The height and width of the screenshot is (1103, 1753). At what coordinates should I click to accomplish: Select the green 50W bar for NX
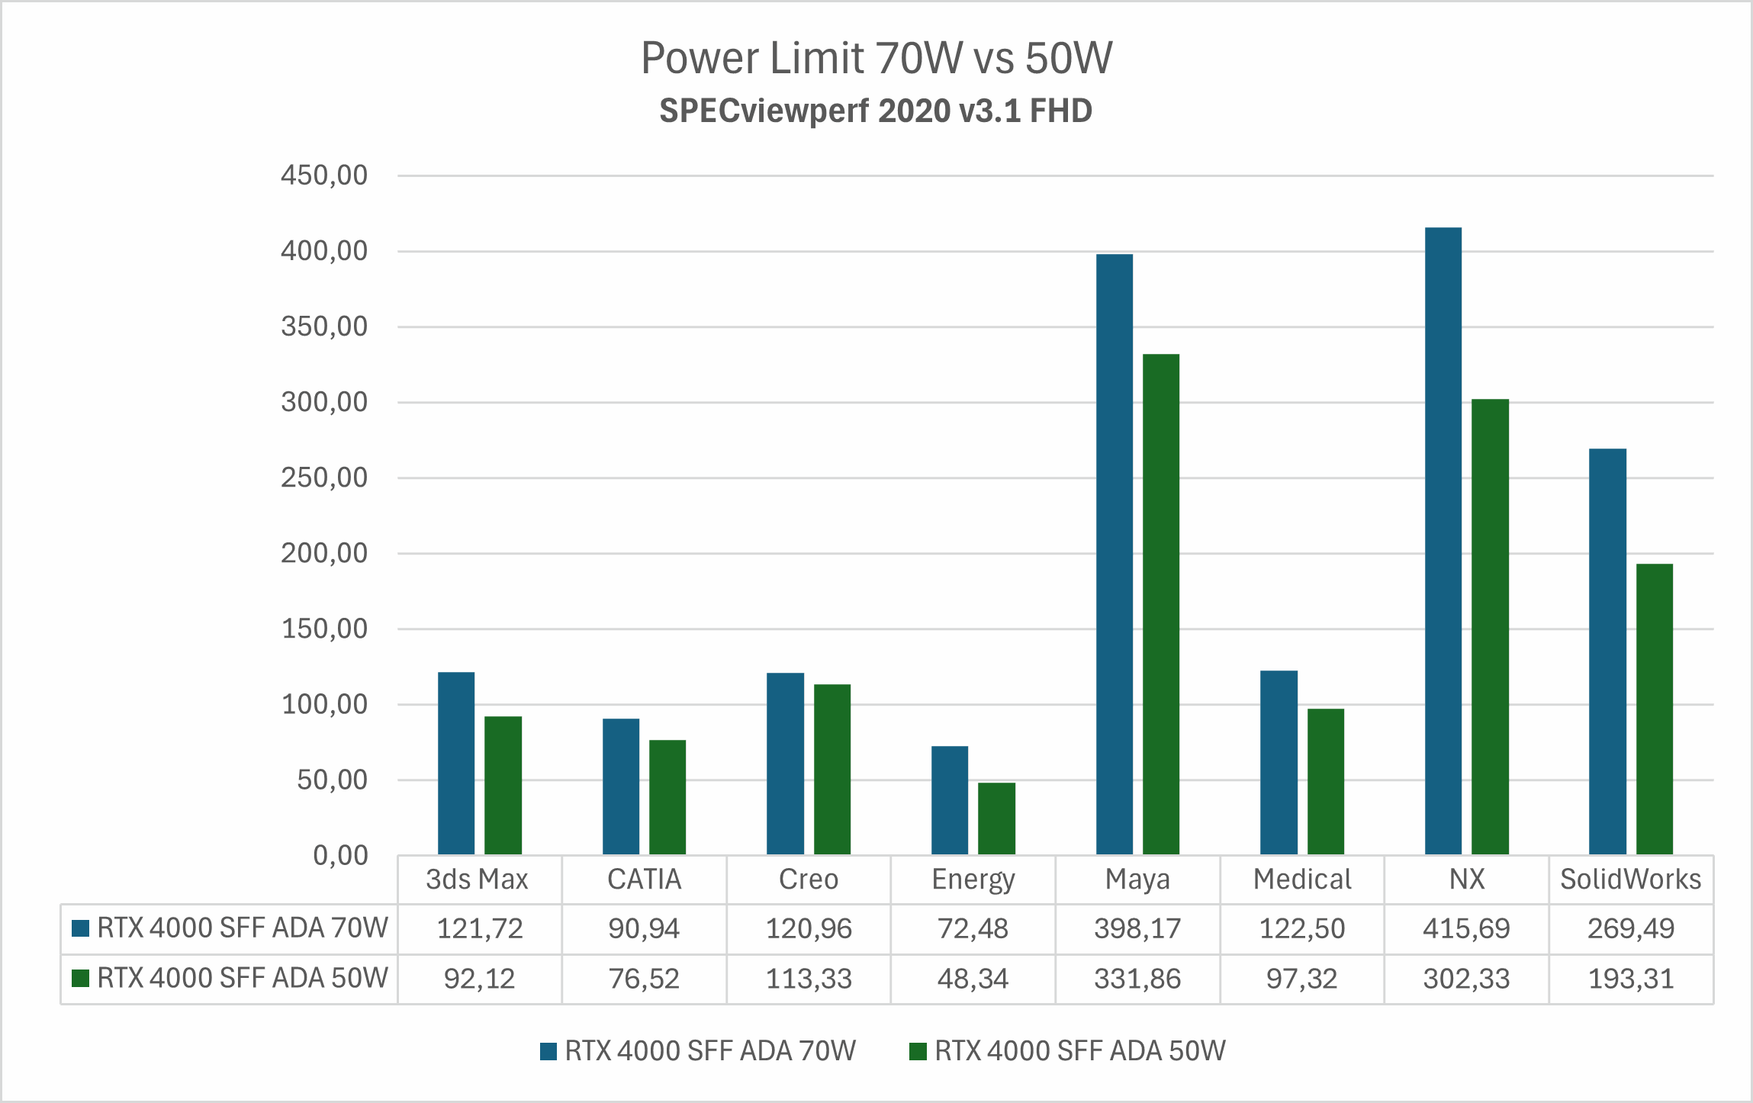[1490, 626]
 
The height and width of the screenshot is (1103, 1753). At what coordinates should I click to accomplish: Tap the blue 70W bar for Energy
[950, 800]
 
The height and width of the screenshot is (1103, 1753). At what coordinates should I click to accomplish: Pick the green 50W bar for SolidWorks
[1655, 709]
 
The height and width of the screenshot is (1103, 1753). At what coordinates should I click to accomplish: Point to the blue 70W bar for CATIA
[621, 786]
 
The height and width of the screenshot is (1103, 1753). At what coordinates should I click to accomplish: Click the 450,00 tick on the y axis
[324, 175]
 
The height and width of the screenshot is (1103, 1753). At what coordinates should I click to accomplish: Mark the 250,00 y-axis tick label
[324, 478]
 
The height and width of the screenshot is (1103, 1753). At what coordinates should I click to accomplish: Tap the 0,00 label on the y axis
[340, 856]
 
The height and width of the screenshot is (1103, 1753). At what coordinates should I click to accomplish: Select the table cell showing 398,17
[1137, 929]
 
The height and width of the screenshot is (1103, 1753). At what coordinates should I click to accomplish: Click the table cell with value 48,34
[973, 979]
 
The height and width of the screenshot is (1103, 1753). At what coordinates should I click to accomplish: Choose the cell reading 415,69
[1466, 929]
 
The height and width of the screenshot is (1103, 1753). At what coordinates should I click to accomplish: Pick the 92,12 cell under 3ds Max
[479, 979]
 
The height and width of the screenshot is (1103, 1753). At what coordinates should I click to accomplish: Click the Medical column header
[1302, 880]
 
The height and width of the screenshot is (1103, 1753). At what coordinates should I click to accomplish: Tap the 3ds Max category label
[477, 880]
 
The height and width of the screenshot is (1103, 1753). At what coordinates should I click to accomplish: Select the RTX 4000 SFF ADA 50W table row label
[242, 978]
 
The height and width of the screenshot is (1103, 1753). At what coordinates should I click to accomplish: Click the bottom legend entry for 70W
[709, 1051]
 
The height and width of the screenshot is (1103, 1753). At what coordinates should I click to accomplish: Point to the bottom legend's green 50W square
[918, 1052]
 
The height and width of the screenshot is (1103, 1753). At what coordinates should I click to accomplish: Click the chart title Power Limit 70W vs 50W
[876, 58]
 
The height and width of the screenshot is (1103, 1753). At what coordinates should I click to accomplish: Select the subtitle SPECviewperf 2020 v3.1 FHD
[876, 111]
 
